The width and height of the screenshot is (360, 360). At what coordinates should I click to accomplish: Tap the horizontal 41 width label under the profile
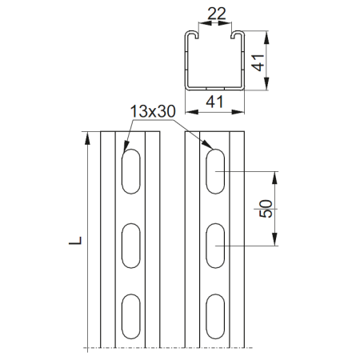coord(214,102)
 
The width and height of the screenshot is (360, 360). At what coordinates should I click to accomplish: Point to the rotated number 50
coord(266,209)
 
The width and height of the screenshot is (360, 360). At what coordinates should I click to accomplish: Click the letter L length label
coord(73,238)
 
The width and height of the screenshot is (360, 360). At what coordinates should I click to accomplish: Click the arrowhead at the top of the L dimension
coord(83,135)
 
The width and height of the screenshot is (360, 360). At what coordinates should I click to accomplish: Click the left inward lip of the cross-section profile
coord(193,38)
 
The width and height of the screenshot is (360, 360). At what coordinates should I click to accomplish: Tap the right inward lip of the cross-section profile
coord(236,38)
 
